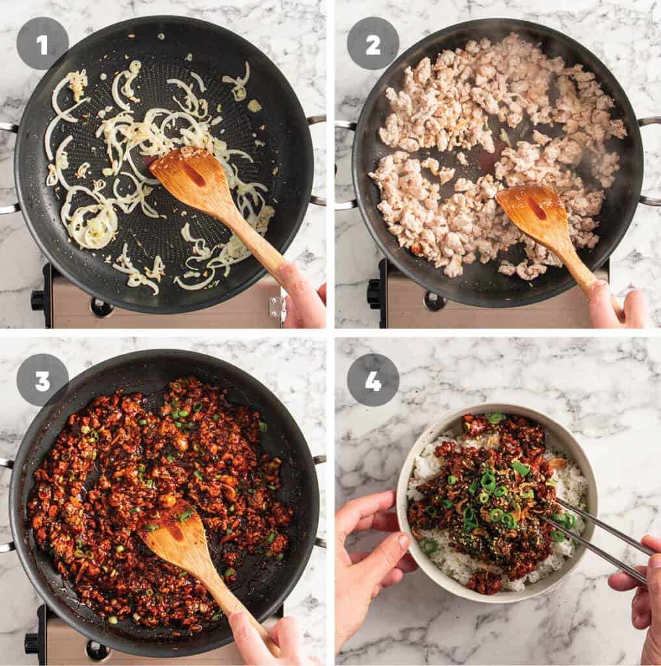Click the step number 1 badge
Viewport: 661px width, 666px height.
[42, 44]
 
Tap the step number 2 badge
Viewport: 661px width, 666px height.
[373, 44]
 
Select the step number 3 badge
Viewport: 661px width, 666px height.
[42, 380]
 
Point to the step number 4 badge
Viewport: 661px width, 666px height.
[373, 380]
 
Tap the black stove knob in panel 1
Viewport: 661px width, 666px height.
[38, 300]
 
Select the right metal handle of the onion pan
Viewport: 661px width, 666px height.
[317, 159]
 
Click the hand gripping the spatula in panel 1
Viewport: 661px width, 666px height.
[302, 296]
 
